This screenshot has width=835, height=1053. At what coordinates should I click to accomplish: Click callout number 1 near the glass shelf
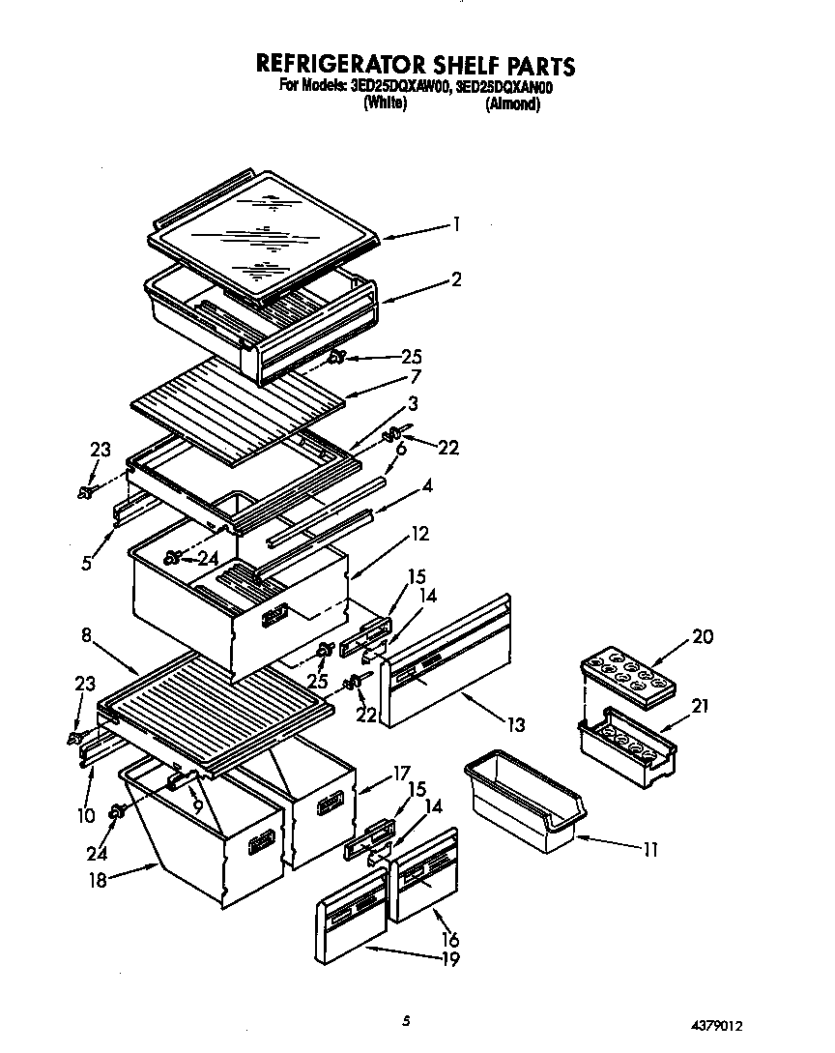click(x=456, y=224)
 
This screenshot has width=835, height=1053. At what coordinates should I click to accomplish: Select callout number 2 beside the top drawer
click(x=456, y=279)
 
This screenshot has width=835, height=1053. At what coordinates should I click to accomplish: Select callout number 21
click(x=700, y=706)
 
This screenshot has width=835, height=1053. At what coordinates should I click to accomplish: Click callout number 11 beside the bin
click(x=649, y=850)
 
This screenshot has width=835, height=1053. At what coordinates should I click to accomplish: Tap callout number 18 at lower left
click(x=94, y=879)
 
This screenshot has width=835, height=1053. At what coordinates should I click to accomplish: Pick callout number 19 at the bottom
click(x=448, y=959)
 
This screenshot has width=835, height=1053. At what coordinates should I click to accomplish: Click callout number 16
click(x=450, y=939)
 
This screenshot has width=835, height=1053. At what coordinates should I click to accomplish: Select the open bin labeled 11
click(x=526, y=799)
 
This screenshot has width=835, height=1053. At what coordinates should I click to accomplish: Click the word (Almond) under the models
click(x=511, y=104)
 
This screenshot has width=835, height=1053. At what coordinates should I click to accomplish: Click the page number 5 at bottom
click(x=407, y=1019)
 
